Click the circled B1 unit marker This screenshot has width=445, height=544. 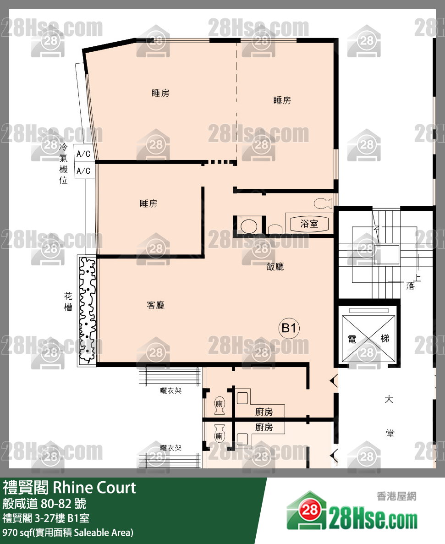coord(290,328)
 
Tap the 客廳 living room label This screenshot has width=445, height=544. coord(156,305)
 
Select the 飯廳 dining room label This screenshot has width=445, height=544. coord(275,267)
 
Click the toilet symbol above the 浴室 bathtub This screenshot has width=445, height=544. coord(324,203)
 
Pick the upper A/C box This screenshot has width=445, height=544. coord(83,153)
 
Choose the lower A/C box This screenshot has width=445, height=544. coord(83,171)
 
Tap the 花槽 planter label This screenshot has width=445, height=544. coord(68,302)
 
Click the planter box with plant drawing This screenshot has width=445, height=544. coord(87,310)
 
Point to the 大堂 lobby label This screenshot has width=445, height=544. coord(390,416)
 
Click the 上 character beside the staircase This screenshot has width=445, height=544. coord(417,278)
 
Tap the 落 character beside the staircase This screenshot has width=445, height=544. coord(410,286)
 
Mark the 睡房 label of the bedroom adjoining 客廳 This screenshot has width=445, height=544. coord(148,203)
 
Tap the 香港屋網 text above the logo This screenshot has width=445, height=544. coord(396,496)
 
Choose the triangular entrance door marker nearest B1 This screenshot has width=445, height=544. coord(334,380)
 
